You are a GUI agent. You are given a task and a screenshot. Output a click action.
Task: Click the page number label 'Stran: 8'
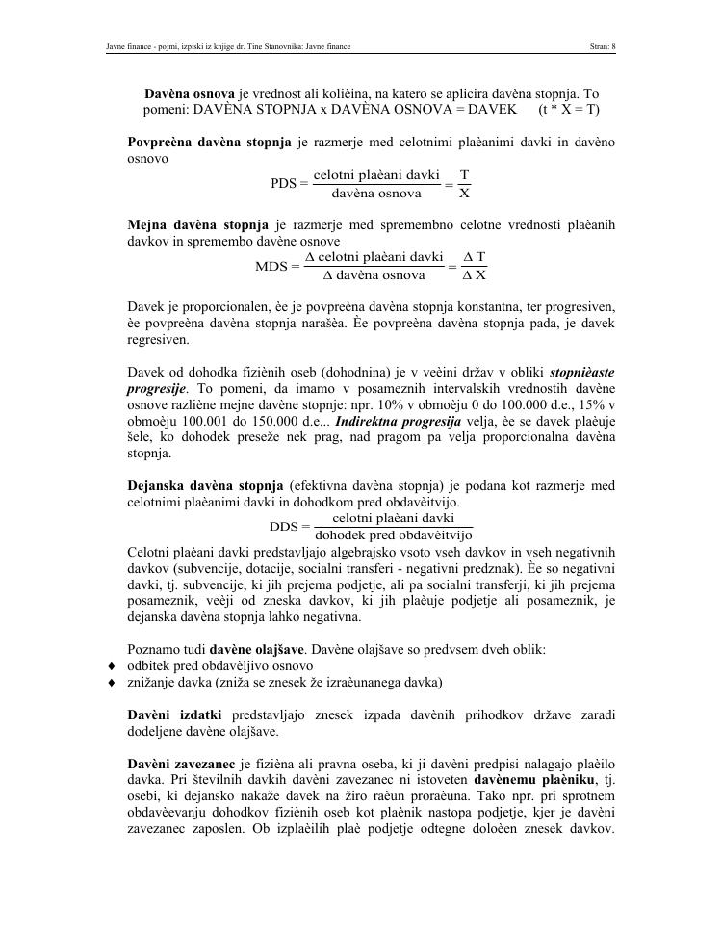[602, 45]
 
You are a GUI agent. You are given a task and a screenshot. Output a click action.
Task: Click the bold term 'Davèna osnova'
[190, 94]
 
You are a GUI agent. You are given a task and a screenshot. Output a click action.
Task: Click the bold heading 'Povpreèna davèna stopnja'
[209, 143]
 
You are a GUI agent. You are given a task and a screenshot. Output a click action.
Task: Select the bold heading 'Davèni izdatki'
[174, 714]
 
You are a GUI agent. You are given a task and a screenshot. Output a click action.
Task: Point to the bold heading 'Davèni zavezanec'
[183, 763]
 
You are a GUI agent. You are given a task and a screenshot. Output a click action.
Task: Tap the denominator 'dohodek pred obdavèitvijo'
[394, 535]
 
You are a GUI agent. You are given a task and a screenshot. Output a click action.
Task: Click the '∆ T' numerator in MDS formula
[474, 257]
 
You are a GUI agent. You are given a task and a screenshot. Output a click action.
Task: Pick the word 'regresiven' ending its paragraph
[158, 340]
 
